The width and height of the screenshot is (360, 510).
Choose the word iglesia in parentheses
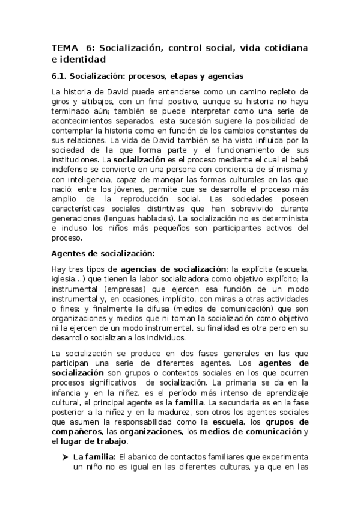pyautogui.click(x=66, y=280)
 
